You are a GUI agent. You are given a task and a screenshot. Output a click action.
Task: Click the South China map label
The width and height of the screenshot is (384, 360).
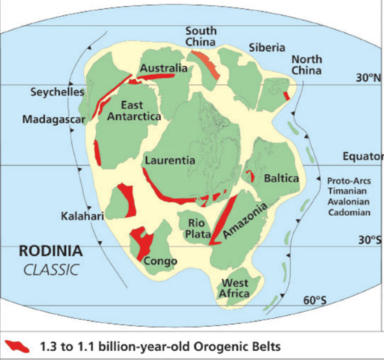coord(202,35)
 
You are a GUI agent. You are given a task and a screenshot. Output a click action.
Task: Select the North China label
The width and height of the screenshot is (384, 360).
coord(307,66)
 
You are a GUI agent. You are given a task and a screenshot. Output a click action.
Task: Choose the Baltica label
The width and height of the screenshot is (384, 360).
coord(282,179)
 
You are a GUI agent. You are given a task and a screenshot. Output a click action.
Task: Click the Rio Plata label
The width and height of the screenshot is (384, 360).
coord(196,228)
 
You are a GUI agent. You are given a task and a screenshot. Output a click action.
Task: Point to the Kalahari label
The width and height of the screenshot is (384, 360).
coord(81,216)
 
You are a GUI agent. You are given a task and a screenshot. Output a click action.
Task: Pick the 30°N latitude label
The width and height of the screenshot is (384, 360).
coord(368,78)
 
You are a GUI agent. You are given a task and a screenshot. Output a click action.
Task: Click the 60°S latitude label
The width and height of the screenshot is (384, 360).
coord(316,301)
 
